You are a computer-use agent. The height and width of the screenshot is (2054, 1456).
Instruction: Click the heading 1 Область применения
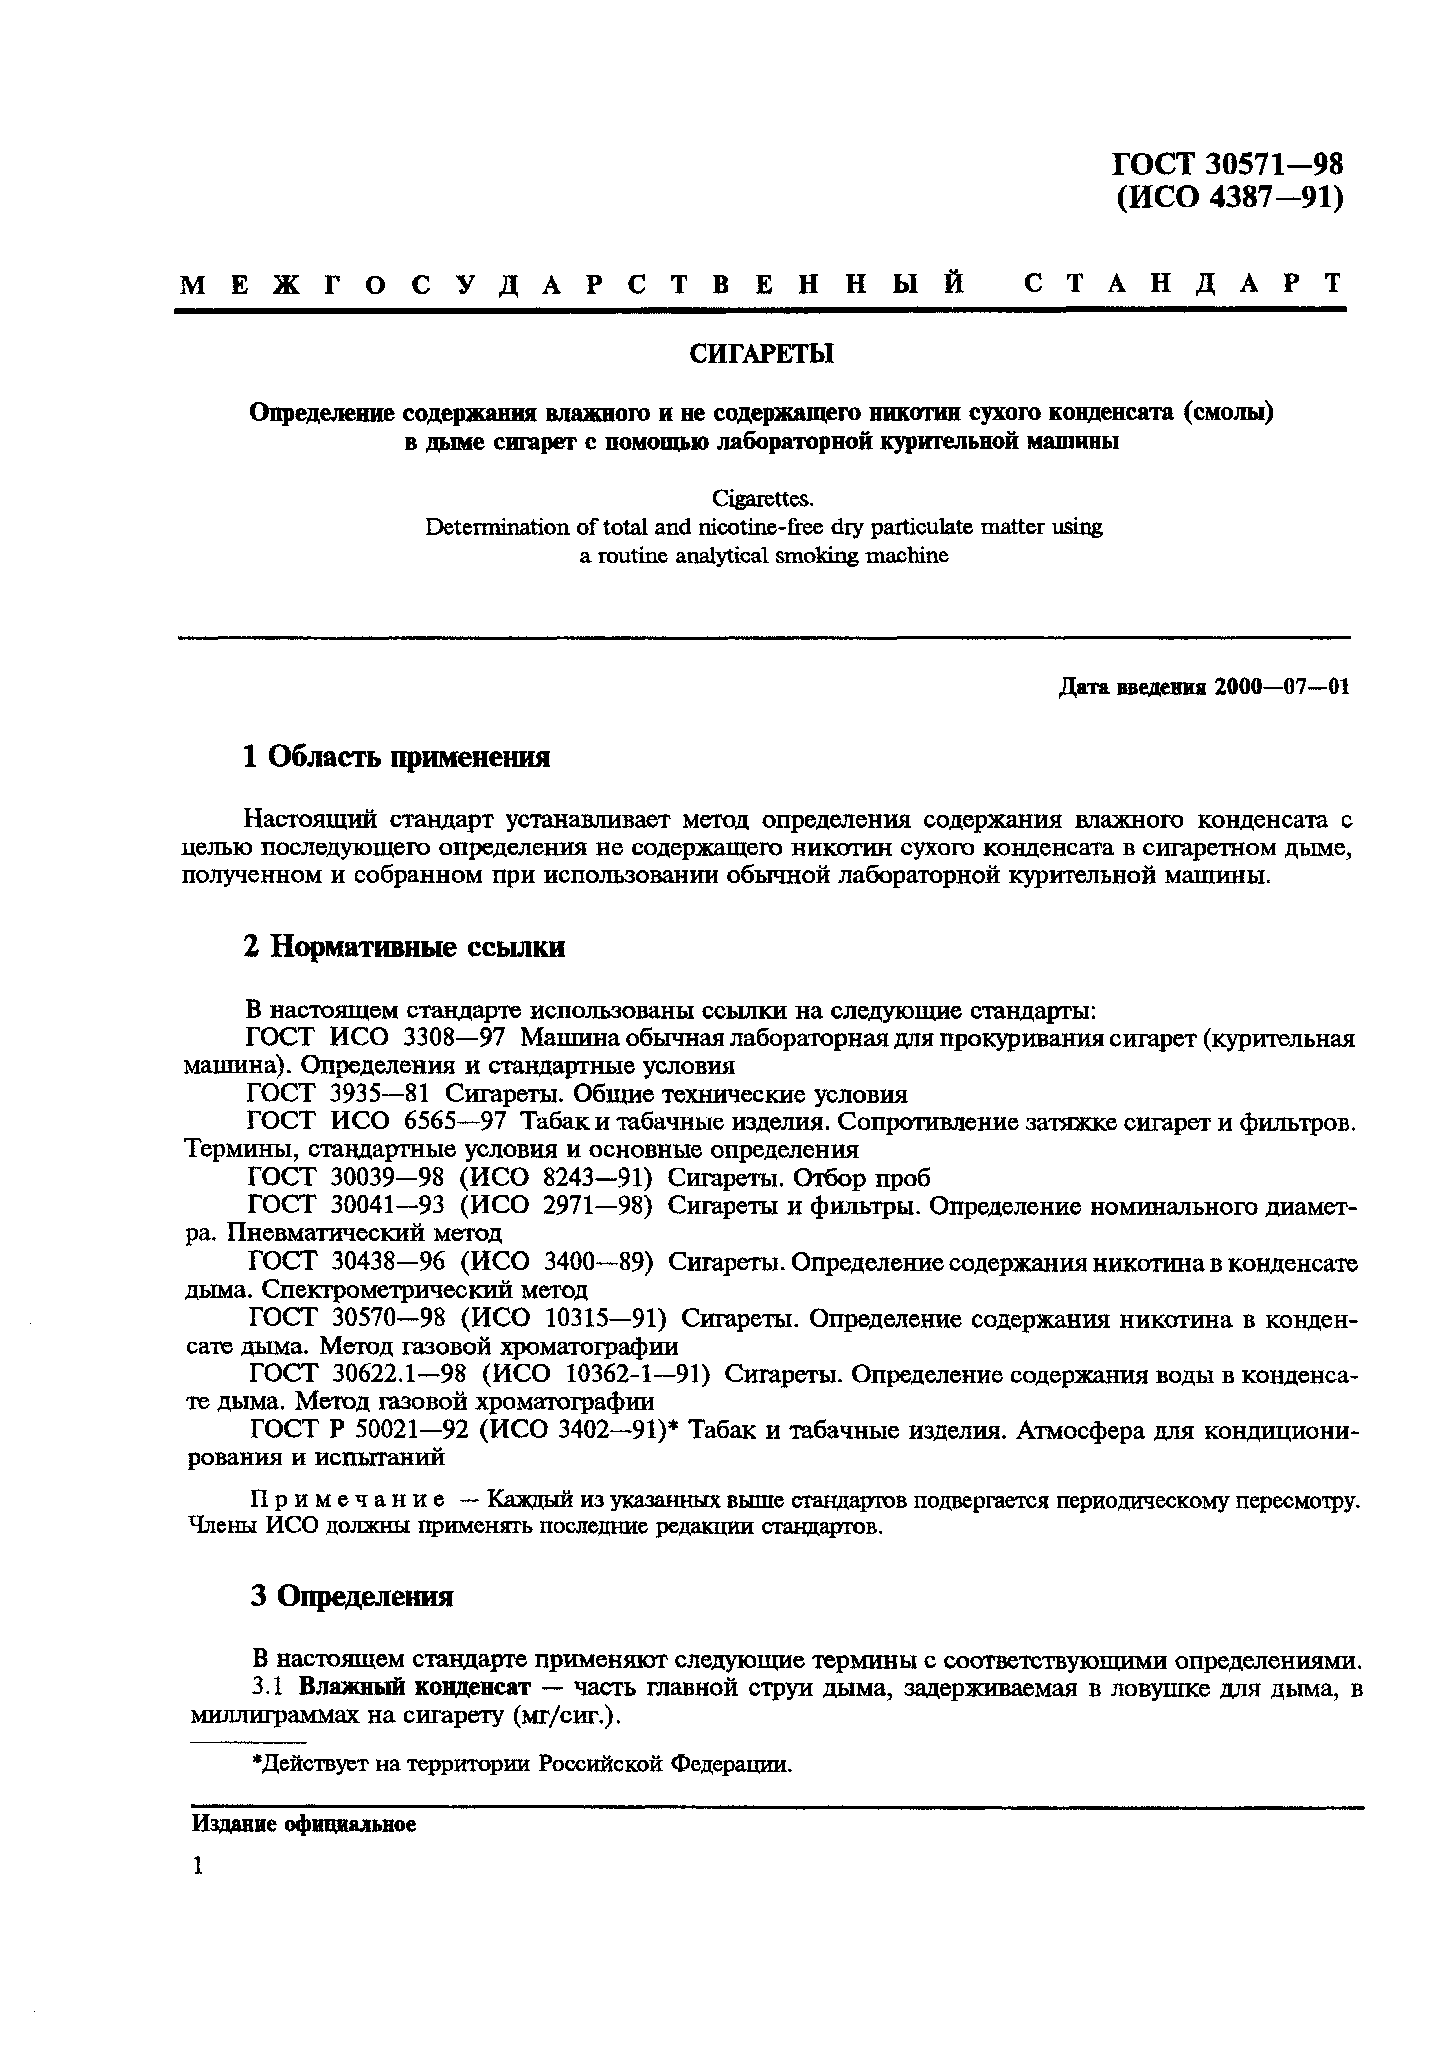click(x=396, y=757)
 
